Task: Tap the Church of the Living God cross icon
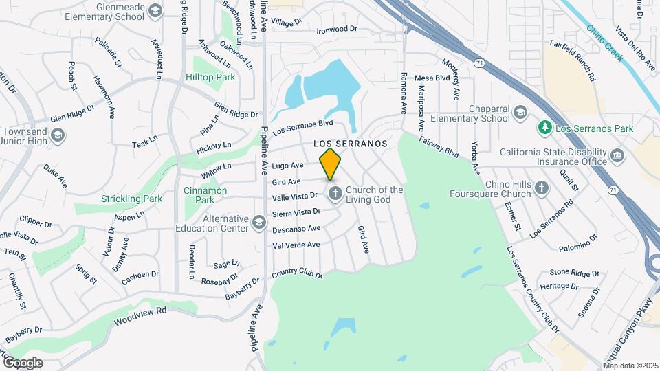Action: point(335,194)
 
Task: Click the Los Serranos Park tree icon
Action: point(545,127)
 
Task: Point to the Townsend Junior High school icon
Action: point(58,135)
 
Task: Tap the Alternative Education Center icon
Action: point(258,222)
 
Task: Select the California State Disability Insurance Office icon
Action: point(616,156)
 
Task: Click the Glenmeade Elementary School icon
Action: point(155,10)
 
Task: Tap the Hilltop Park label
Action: point(210,78)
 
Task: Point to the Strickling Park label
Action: point(131,199)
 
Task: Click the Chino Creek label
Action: point(604,43)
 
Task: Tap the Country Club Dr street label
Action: point(297,273)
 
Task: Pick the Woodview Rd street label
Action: point(140,316)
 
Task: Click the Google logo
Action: point(22,362)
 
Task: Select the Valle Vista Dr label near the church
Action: point(296,197)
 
